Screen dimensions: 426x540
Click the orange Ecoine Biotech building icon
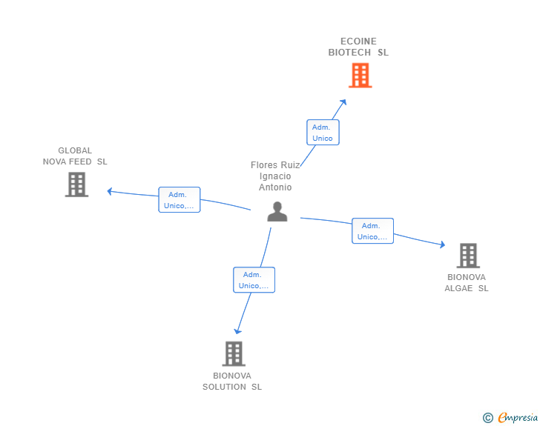tap(360, 75)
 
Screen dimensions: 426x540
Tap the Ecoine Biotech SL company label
tap(358, 47)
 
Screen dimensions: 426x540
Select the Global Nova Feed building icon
tap(76, 184)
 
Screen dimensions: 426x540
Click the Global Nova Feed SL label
tap(75, 156)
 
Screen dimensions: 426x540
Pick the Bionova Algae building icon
tap(468, 256)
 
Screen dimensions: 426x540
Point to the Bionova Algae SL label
tap(467, 283)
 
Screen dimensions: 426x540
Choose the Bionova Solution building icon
tap(233, 353)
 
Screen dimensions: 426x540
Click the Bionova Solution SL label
tap(232, 382)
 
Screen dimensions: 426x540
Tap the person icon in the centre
tap(277, 212)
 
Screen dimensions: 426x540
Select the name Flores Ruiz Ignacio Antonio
tap(275, 176)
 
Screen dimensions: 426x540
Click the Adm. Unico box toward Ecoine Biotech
tap(323, 133)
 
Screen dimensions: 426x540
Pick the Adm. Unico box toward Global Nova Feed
tap(180, 200)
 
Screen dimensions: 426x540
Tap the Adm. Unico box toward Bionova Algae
tap(372, 231)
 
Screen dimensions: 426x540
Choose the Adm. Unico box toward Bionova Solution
tap(254, 280)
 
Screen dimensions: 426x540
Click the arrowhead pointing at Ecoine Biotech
tap(343, 101)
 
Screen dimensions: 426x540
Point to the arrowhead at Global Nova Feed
tap(110, 191)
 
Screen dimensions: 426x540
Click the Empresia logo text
tap(518, 418)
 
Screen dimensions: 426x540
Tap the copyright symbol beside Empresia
tap(488, 418)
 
